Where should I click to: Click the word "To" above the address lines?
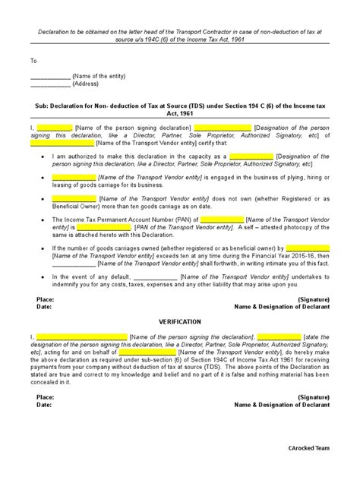(x=33, y=59)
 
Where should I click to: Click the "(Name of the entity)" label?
(x=98, y=77)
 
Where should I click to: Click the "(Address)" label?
(x=87, y=84)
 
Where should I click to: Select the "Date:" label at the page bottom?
(x=44, y=405)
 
